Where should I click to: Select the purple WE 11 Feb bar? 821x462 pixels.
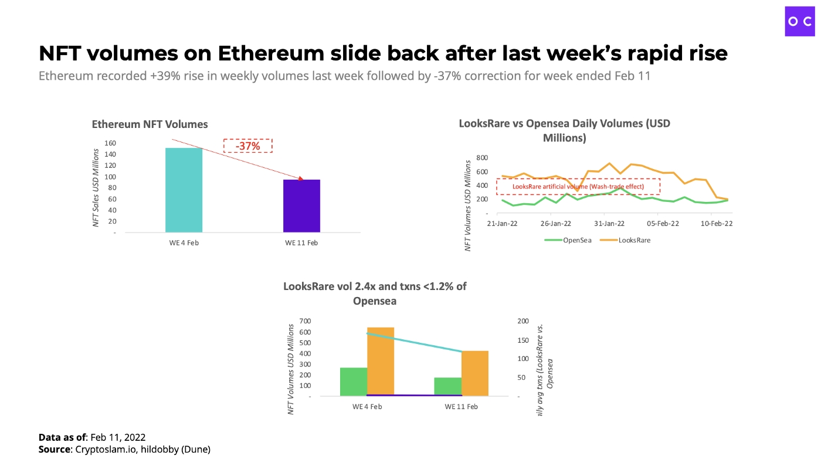tap(301, 205)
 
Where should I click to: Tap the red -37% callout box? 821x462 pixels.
tap(248, 146)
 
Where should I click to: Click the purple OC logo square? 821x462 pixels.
tap(800, 21)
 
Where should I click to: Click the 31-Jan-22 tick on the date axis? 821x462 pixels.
tap(609, 224)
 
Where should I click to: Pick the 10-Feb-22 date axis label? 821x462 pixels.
tap(717, 224)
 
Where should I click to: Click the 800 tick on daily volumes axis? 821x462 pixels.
tap(482, 158)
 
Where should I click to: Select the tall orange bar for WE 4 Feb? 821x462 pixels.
tap(381, 361)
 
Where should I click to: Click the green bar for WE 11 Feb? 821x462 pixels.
tap(448, 386)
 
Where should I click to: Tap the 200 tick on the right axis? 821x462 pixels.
tap(523, 321)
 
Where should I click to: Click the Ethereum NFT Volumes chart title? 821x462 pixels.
tap(150, 124)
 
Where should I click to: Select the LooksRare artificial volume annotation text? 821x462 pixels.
tap(578, 187)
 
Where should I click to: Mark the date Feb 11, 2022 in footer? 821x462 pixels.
tap(118, 437)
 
